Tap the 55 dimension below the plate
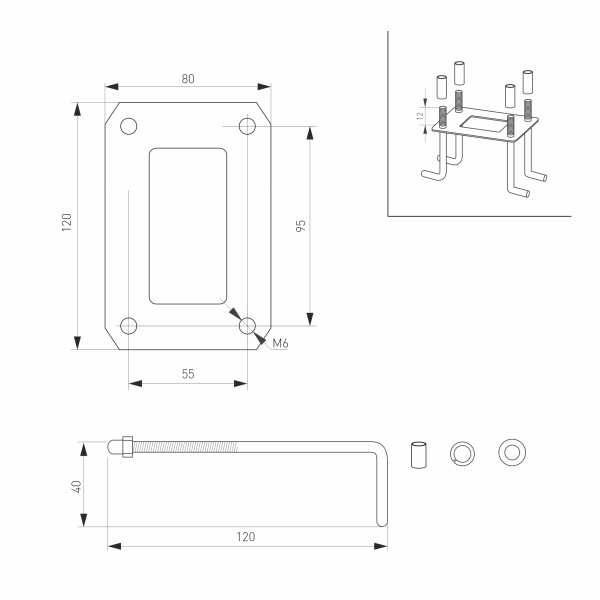point(188,372)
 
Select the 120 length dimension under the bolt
point(246,536)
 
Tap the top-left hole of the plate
point(129,127)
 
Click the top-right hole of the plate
point(247,127)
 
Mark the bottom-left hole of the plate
point(129,325)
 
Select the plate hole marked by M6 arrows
point(247,325)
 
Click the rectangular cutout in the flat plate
point(188,226)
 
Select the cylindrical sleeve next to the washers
point(418,452)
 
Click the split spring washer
point(464,452)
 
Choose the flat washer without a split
point(513,452)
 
